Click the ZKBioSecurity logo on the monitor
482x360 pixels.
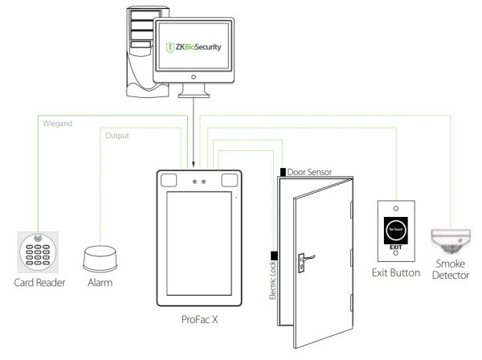(x=192, y=47)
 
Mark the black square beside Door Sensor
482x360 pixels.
(x=282, y=171)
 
